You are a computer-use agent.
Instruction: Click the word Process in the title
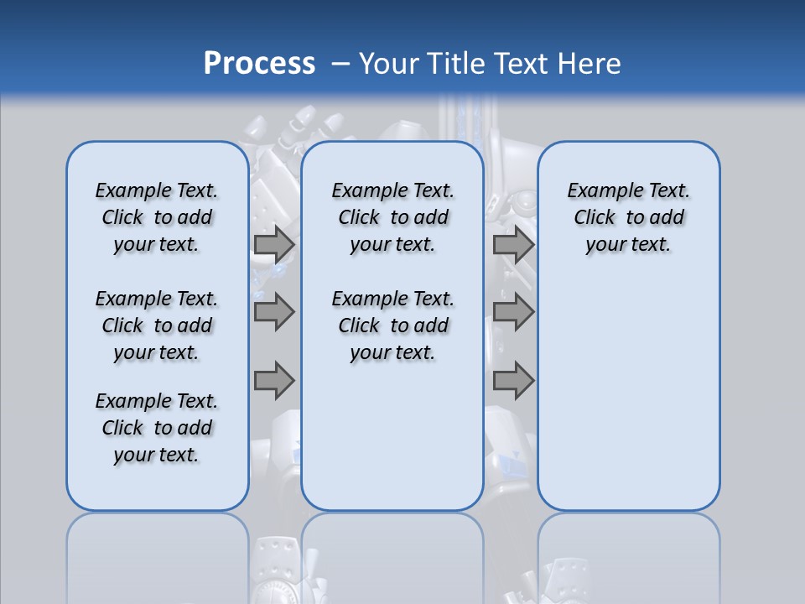259,63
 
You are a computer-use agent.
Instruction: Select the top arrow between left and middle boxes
274,244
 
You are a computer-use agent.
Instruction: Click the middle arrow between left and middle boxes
274,312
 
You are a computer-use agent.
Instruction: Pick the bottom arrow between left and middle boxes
274,380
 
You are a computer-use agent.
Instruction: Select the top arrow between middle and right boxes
513,244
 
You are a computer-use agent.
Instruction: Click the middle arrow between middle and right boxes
513,312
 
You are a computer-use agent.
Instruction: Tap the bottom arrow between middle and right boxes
513,380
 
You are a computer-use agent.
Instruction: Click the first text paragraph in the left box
157,217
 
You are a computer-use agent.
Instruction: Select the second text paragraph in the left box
157,325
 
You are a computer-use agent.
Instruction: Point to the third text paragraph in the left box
157,428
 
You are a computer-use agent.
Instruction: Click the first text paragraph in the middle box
392,217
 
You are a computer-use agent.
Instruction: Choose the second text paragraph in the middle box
392,325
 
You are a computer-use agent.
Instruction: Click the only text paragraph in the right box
628,217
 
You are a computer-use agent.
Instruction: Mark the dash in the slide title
340,64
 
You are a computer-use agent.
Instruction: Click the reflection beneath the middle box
392,554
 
